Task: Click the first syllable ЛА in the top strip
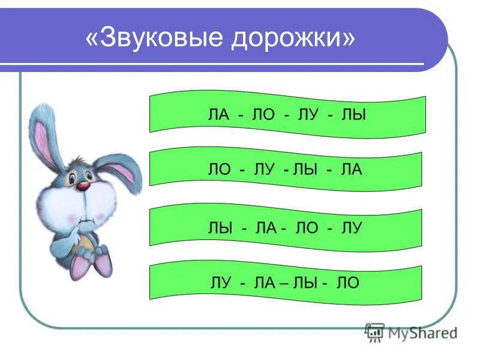click(x=218, y=115)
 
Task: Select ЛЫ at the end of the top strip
click(x=353, y=115)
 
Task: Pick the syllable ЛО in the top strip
click(x=263, y=115)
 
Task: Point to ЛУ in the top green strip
click(x=308, y=115)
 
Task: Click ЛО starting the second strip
click(x=219, y=169)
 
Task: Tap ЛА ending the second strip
click(x=352, y=169)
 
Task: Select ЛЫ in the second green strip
click(x=305, y=169)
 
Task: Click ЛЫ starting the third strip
click(x=220, y=228)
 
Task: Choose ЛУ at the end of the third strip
click(x=352, y=228)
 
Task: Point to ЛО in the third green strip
click(x=307, y=228)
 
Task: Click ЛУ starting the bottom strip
click(x=221, y=283)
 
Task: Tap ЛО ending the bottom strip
click(x=348, y=283)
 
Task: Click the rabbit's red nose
click(x=83, y=186)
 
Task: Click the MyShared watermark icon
click(x=374, y=333)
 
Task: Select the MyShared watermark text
click(x=423, y=333)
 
